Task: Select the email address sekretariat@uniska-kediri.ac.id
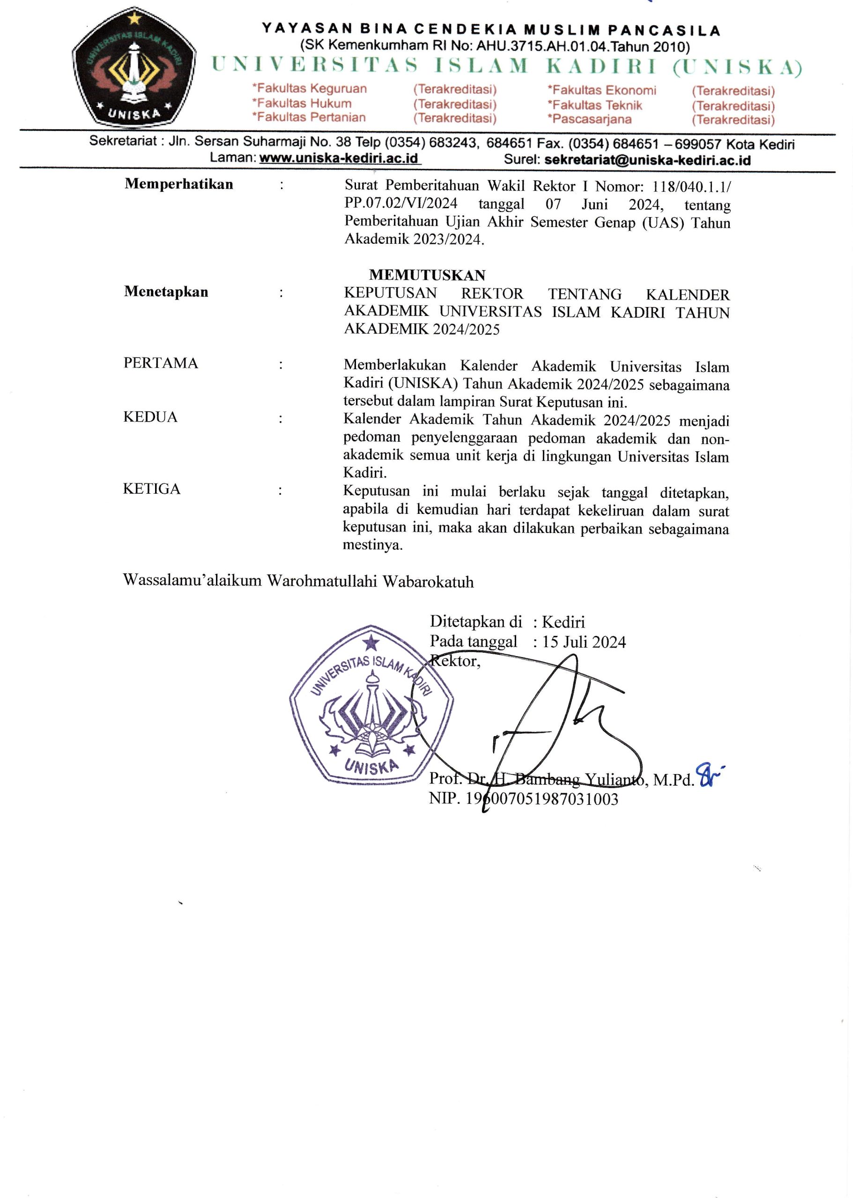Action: click(x=647, y=160)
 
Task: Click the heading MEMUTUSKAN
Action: click(x=427, y=275)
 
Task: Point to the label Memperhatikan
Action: click(x=178, y=184)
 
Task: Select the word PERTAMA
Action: click(x=161, y=363)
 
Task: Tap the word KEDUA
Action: click(x=150, y=417)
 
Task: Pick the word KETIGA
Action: click(x=152, y=489)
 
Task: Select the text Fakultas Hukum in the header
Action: click(x=304, y=103)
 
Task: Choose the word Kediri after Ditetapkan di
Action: click(x=563, y=622)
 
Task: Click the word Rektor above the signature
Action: click(x=455, y=661)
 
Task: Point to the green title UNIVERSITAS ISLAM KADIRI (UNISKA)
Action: click(x=507, y=66)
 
